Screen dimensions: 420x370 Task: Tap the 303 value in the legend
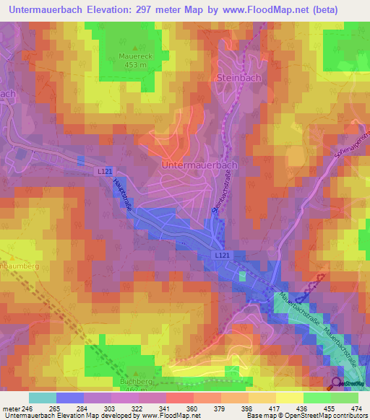click(111, 408)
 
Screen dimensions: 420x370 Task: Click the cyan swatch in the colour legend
click(43, 398)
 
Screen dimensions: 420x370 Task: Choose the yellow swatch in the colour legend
click(290, 398)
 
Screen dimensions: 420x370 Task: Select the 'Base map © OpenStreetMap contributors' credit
click(306, 416)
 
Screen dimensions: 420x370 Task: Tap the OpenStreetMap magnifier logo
click(336, 383)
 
